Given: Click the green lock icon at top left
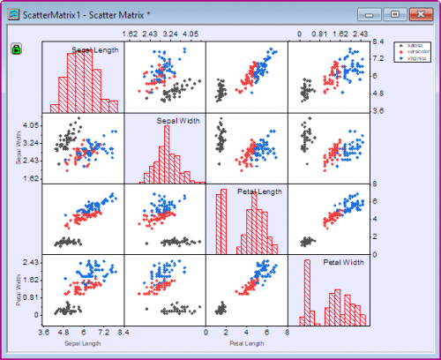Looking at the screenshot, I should (16, 49).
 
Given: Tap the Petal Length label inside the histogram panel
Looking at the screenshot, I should (259, 191).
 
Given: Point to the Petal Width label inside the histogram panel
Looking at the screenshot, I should (343, 262).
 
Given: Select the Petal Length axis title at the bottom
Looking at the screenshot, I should (247, 342).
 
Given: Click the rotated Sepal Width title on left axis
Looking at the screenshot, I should (18, 149).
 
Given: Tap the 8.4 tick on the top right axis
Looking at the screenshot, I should (377, 41).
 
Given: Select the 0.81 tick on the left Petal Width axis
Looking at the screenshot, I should (28, 297).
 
